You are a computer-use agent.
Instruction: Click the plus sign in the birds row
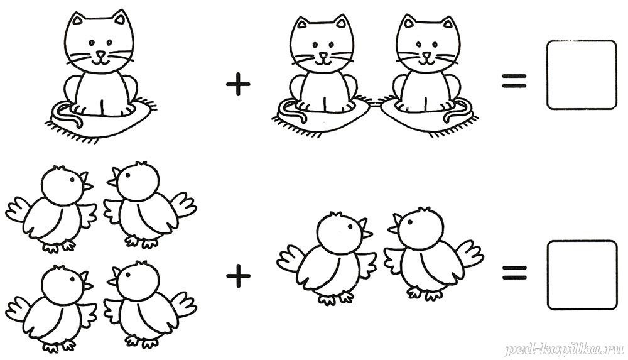(238, 276)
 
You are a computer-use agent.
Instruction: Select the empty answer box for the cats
(582, 75)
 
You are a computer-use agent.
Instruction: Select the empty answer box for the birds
(582, 275)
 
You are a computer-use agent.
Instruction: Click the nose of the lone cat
(101, 54)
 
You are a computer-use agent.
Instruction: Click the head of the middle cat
(322, 43)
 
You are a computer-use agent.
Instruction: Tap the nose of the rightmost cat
(428, 55)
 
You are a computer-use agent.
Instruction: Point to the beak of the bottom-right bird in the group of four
(113, 276)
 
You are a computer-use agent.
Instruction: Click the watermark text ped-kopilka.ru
(565, 349)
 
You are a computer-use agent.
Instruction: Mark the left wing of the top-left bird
(18, 209)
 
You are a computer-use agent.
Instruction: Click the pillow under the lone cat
(100, 120)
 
